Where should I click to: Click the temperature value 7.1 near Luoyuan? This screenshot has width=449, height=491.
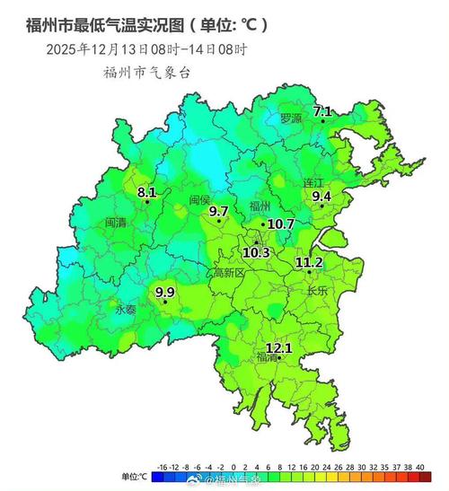point(321,111)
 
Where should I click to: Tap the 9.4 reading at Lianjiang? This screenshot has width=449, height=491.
point(321,196)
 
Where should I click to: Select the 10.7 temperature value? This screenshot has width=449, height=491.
point(281,224)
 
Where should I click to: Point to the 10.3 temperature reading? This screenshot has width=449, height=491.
point(256,253)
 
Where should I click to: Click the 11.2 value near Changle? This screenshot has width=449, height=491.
point(309,262)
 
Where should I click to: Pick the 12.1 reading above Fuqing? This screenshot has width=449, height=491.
point(279,347)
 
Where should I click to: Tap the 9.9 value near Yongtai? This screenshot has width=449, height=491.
point(166,292)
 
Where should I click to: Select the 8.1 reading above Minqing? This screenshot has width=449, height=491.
point(147,192)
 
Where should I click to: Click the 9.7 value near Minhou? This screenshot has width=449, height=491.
point(218,211)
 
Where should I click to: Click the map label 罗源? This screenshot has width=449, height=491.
point(289,118)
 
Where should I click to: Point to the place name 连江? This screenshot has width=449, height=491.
point(313,182)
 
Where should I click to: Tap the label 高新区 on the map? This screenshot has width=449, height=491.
point(228,273)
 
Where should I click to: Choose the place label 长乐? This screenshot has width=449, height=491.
point(317,291)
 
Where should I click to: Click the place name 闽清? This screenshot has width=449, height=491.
point(116,221)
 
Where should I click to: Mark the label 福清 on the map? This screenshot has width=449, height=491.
point(267,357)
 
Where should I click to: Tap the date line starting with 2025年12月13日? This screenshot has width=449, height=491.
point(146,49)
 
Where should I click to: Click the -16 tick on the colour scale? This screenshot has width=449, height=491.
point(163,468)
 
